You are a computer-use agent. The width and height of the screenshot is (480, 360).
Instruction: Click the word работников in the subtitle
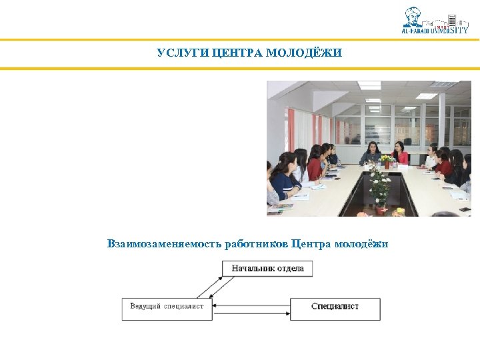click(x=257, y=245)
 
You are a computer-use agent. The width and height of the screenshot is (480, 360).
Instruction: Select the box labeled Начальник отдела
click(x=267, y=269)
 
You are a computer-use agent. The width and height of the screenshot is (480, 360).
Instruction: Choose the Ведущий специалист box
click(x=167, y=307)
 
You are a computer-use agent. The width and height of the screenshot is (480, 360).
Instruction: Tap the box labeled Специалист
click(x=335, y=307)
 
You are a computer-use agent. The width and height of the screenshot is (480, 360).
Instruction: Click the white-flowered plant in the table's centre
click(x=379, y=185)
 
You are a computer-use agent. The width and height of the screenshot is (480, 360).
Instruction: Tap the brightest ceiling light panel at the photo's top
click(x=369, y=85)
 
